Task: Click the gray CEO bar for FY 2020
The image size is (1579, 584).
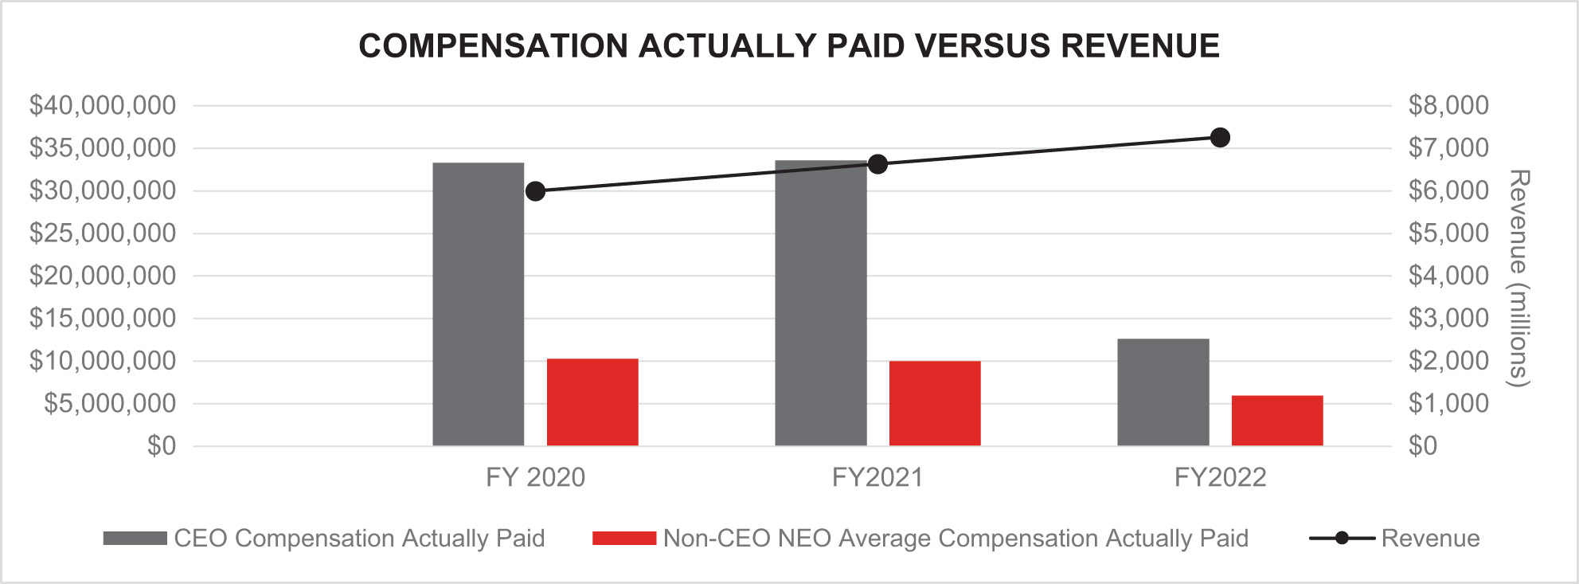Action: pos(478,304)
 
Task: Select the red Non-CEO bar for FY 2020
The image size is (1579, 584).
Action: pos(592,402)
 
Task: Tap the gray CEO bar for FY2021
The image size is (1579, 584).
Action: pos(820,303)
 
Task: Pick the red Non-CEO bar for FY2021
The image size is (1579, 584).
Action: pos(934,403)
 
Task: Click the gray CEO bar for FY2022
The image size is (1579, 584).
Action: pos(1163,392)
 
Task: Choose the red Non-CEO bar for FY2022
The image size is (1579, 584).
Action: pos(1276,420)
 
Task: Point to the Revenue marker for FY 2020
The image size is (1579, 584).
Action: pos(535,191)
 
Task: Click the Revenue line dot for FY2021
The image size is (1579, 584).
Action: pos(877,165)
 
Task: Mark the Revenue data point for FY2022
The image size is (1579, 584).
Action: pos(1220,138)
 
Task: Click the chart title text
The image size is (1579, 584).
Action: pos(788,46)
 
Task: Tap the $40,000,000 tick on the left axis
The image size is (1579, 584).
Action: pos(103,105)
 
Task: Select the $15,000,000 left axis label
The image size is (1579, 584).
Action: pos(103,318)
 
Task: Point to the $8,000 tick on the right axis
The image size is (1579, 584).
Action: pos(1448,105)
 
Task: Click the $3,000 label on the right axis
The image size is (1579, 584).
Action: pos(1448,318)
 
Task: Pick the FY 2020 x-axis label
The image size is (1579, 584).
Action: pos(535,477)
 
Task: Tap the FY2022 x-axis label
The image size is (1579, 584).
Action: pos(1220,477)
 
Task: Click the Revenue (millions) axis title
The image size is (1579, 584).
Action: pos(1519,278)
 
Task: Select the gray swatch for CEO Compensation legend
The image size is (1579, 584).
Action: pos(135,539)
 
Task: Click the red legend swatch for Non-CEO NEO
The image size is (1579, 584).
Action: pos(623,539)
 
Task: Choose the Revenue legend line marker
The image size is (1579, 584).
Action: pos(1342,539)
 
